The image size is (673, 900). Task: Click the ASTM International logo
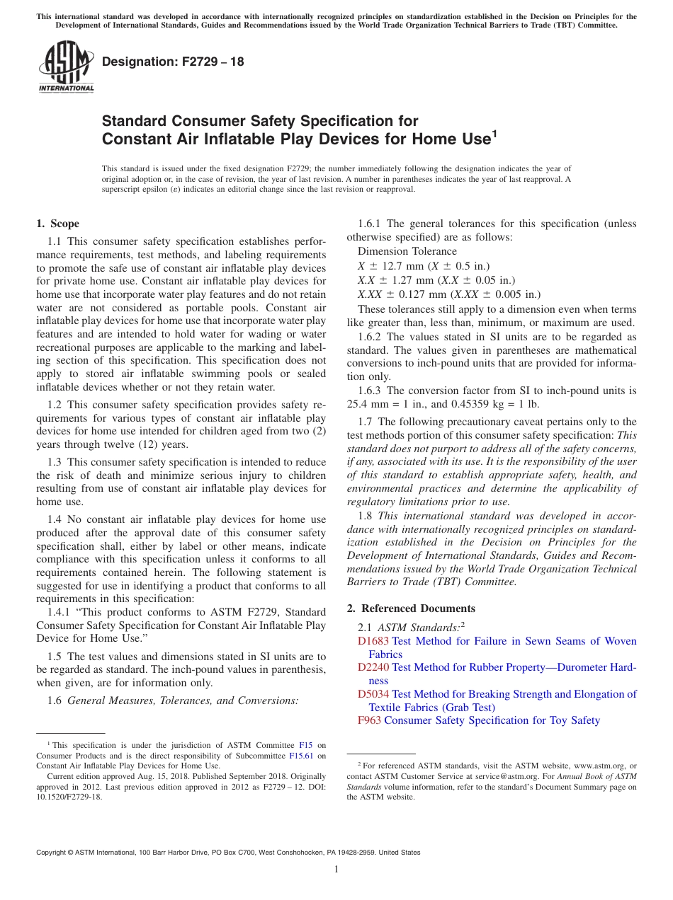point(66,67)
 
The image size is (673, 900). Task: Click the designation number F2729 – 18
point(173,62)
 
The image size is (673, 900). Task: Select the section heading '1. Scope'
point(57,224)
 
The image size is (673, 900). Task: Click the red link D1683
point(373,641)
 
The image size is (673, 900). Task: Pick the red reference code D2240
point(373,667)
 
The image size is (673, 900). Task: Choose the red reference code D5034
point(373,694)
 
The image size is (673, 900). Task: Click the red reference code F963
point(370,720)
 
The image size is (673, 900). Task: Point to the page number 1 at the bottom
point(336,870)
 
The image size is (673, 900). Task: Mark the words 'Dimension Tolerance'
point(407,251)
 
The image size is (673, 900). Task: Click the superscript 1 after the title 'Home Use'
point(494,132)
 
